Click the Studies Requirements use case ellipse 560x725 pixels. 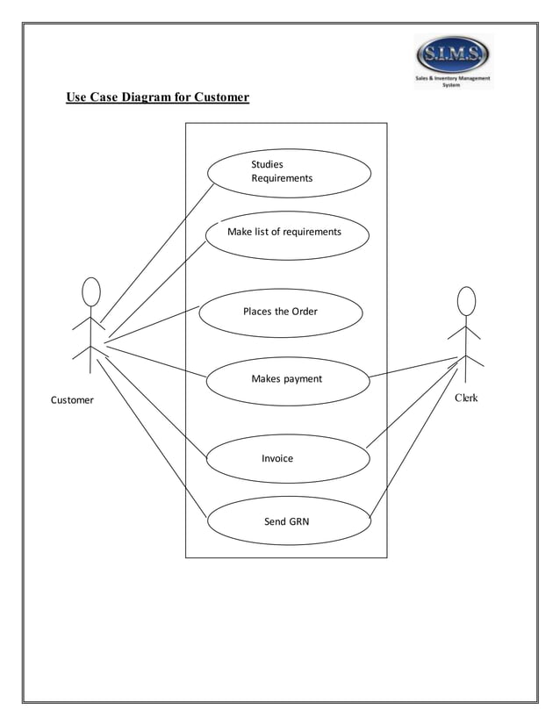point(289,172)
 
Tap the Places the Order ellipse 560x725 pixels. point(281,312)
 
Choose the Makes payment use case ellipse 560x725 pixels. point(287,379)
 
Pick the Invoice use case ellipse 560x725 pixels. point(288,459)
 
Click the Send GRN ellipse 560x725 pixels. point(288,521)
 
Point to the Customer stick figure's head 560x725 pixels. point(90,292)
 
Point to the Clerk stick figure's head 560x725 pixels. point(466,301)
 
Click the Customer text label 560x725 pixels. point(72,400)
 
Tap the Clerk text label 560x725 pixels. point(466,398)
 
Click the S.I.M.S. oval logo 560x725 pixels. point(453,57)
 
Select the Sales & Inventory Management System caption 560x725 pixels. point(454,82)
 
